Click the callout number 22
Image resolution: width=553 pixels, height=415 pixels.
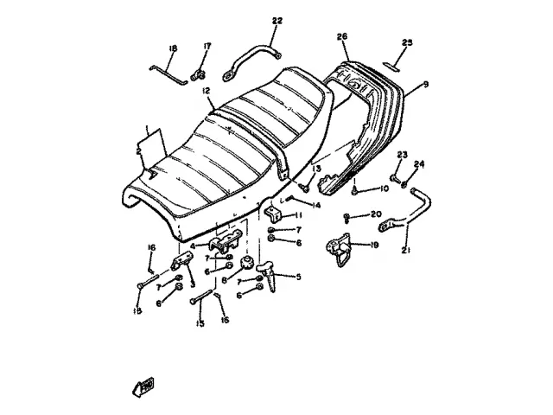coord(276,21)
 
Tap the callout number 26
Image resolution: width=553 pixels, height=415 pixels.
coord(342,36)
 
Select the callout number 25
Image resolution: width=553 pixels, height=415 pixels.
coord(409,41)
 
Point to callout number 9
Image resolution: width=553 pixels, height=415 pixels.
coord(425,85)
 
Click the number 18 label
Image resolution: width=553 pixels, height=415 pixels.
coord(173,48)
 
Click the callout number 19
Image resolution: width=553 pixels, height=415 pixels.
coord(374,245)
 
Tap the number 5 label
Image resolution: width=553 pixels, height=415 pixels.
coord(299,277)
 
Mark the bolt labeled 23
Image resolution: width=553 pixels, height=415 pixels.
coord(394,179)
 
